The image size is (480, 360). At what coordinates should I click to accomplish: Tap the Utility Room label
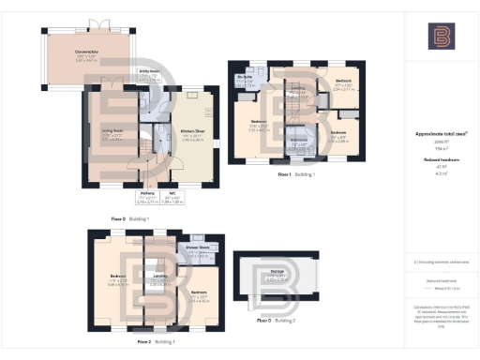[149, 71]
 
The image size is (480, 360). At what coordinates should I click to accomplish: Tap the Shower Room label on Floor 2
[197, 247]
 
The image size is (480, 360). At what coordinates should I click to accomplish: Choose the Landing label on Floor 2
[159, 276]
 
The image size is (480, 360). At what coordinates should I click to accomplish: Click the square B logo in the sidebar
[441, 37]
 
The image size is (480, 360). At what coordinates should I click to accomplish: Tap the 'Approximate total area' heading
[440, 134]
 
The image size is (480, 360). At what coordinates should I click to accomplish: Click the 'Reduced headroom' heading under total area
[440, 160]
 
